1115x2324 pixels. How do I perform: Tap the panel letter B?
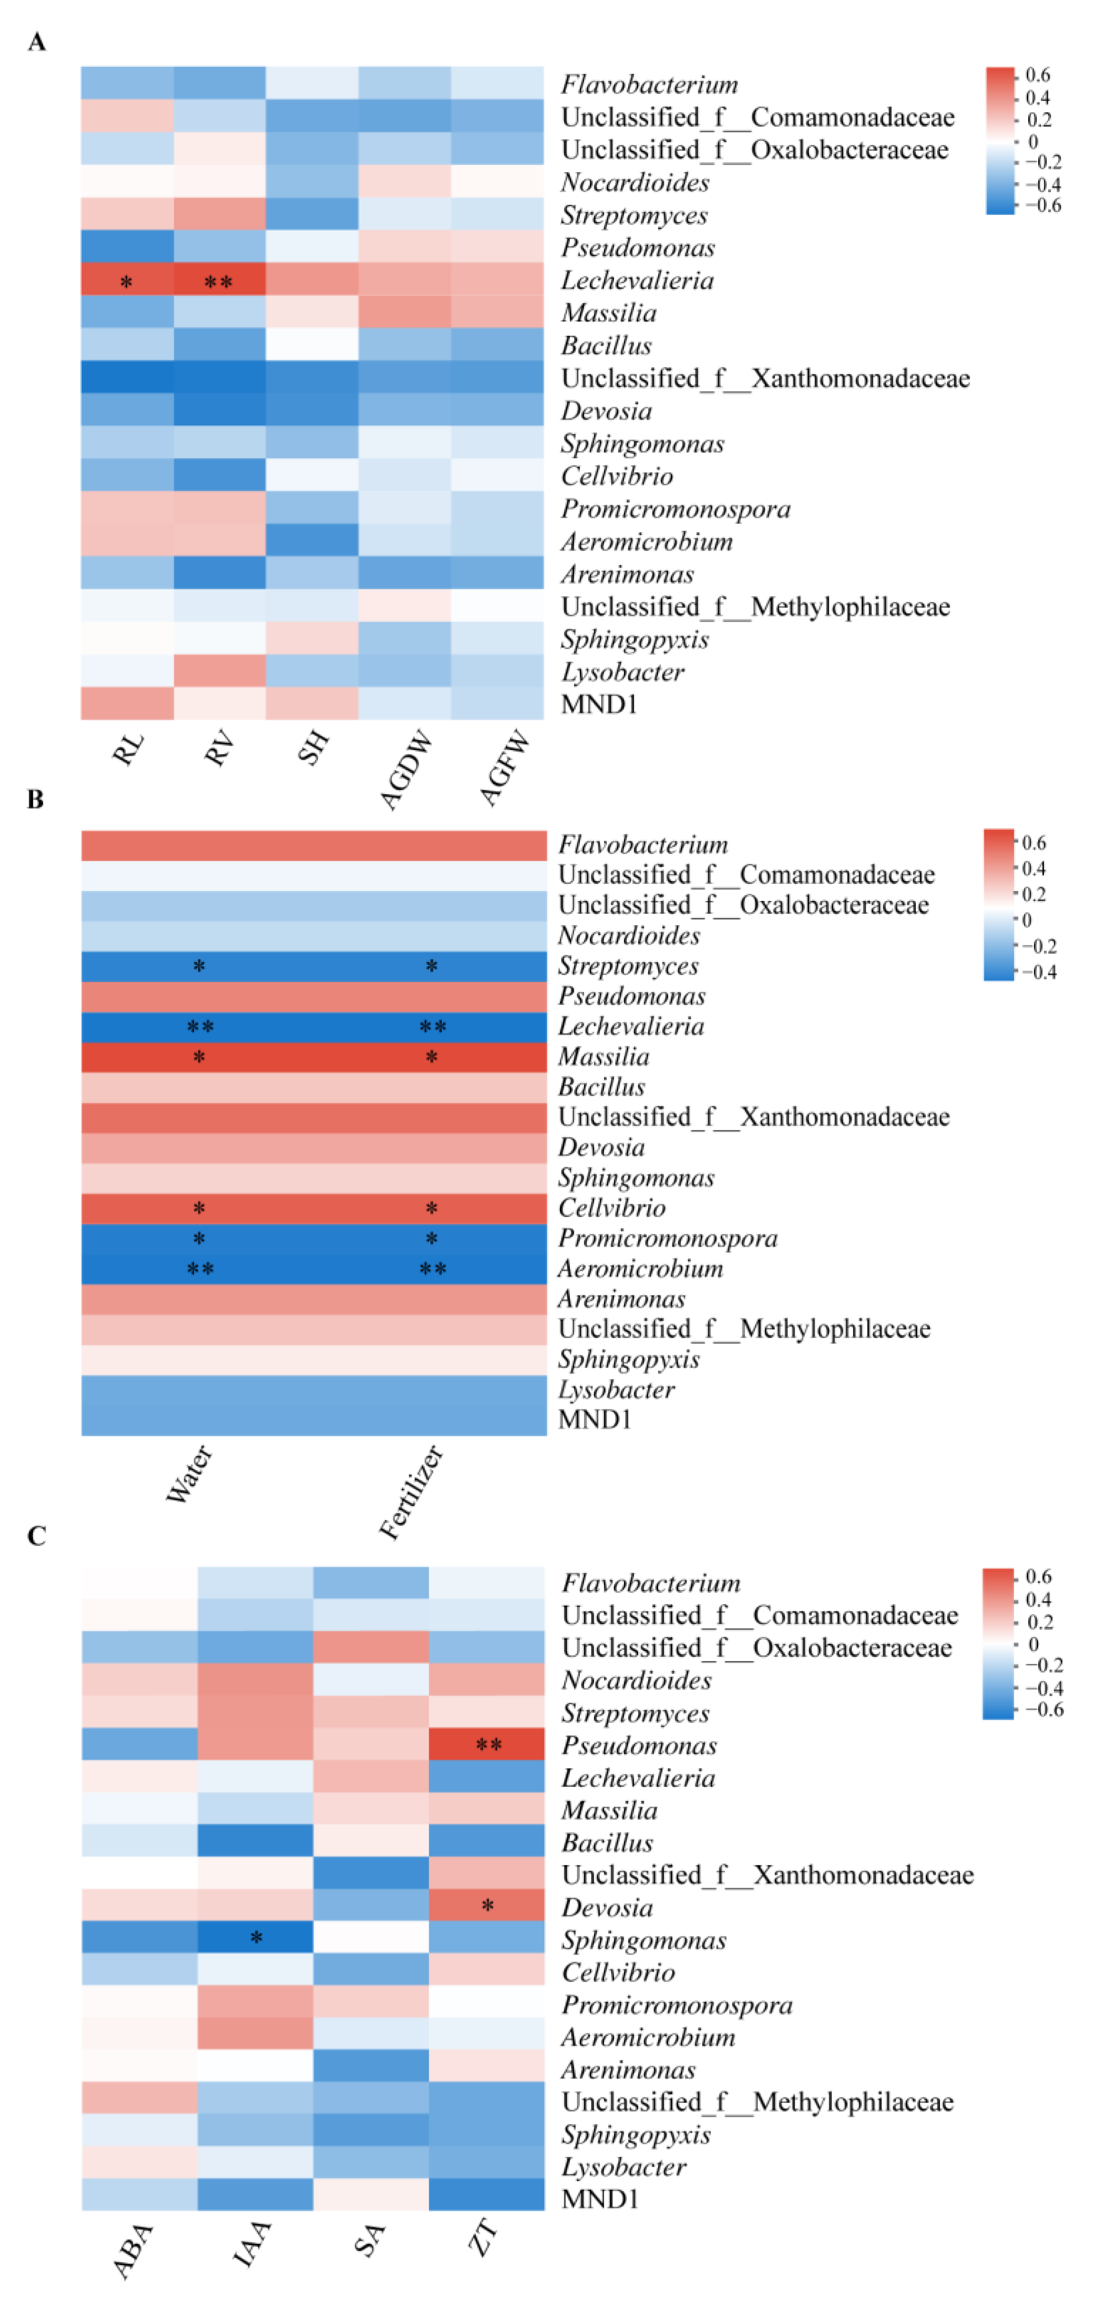click(35, 799)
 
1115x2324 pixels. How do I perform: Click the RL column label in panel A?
click(127, 749)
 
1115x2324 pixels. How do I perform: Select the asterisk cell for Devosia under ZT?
click(487, 1905)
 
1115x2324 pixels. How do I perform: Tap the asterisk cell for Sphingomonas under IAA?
click(256, 1938)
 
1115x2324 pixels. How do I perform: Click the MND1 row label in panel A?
click(599, 705)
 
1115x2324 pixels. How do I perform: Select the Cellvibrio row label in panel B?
click(612, 1208)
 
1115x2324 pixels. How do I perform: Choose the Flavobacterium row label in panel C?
click(650, 1583)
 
